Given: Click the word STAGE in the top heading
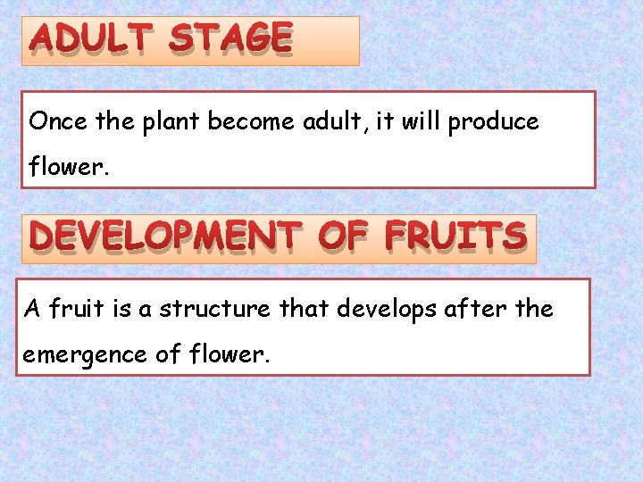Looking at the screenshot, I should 230,39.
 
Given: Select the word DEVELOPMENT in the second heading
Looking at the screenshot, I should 165,237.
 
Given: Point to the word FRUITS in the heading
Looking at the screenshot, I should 455,237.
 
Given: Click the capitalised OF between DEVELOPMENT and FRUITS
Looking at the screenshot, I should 343,237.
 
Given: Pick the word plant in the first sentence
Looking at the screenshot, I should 171,122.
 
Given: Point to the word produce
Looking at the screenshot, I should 494,122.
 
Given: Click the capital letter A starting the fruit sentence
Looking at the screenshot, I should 33,309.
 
